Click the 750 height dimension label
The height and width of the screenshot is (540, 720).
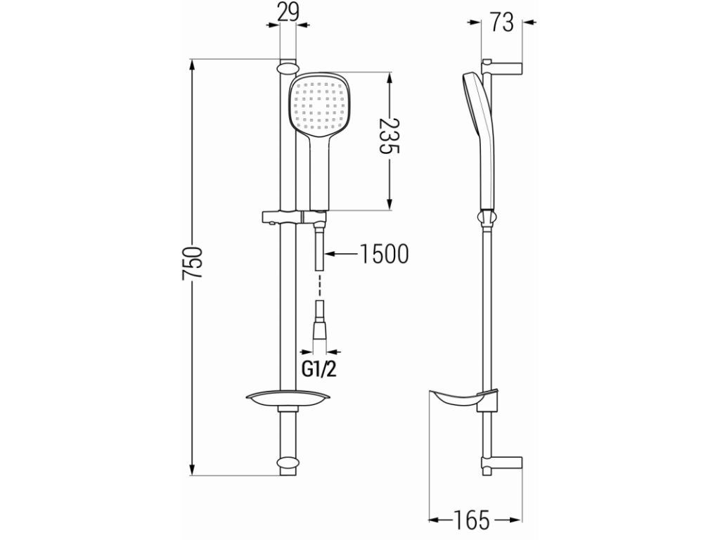(193, 263)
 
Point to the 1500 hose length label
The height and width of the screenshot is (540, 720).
(383, 254)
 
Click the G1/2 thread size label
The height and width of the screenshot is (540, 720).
(319, 368)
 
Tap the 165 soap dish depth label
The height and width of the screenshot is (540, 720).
(472, 520)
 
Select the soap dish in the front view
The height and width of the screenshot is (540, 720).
(288, 399)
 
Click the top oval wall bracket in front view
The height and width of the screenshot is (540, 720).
(288, 68)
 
